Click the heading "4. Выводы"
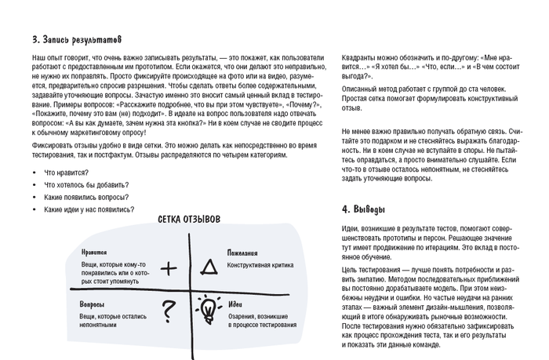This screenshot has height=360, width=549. pos(364,209)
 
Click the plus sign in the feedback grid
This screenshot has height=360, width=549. pos(168,268)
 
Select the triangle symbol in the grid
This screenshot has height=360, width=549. pos(209,268)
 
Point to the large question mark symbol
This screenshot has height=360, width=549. pos(166,312)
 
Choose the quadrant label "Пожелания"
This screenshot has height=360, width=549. pos(243,253)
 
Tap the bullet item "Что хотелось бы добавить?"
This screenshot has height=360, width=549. pos(86,184)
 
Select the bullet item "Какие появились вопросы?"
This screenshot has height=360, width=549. pos(86,197)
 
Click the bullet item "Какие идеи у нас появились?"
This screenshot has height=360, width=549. pos(89,209)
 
